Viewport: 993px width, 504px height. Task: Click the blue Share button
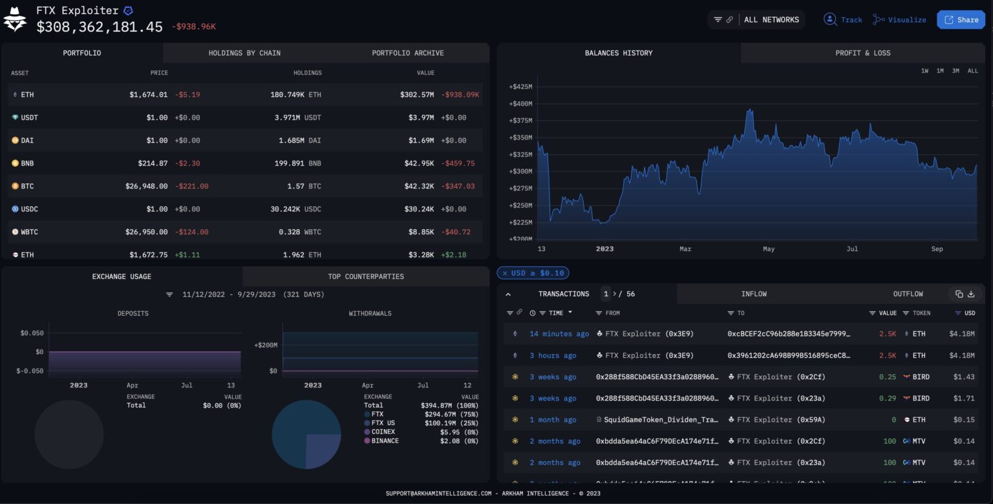pos(961,20)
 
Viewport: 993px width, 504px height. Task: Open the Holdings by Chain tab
pos(244,53)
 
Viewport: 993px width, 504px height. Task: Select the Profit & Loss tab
pos(862,53)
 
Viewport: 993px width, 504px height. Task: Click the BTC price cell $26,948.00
pos(146,186)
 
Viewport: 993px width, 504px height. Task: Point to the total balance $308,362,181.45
pos(100,27)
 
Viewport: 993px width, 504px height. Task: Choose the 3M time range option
pos(956,71)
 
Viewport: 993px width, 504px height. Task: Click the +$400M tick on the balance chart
pos(520,104)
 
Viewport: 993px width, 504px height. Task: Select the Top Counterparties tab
pos(365,276)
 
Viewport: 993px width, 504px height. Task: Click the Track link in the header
pos(844,20)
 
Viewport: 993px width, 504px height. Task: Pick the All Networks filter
pos(771,20)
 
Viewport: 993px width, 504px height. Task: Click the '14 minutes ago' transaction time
pos(559,334)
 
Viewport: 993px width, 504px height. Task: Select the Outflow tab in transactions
pos(908,294)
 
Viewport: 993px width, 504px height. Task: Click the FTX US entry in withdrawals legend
pos(383,423)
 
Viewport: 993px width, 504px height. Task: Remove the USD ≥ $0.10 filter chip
pos(505,273)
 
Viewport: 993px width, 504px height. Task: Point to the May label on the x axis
pos(768,249)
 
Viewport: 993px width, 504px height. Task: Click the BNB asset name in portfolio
pos(27,164)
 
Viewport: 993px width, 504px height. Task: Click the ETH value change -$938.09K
pos(460,95)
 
